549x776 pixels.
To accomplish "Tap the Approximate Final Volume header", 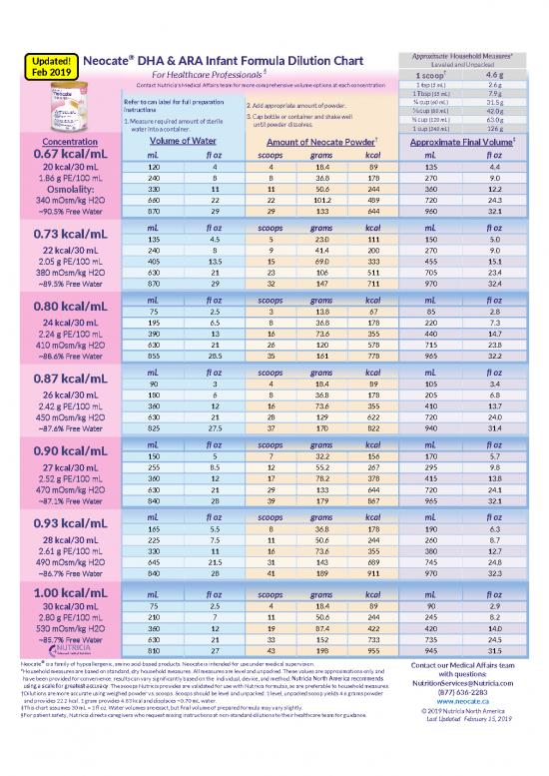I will pyautogui.click(x=461, y=141).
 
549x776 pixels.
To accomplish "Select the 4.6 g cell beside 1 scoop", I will pyautogui.click(x=493, y=74).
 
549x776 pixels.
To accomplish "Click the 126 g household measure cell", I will pyautogui.click(x=493, y=129).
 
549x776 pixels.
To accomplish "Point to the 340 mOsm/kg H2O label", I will pyautogui.click(x=64, y=199).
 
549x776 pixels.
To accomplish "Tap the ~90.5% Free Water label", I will pyautogui.click(x=64, y=212).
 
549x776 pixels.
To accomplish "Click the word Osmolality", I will pyautogui.click(x=64, y=186).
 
